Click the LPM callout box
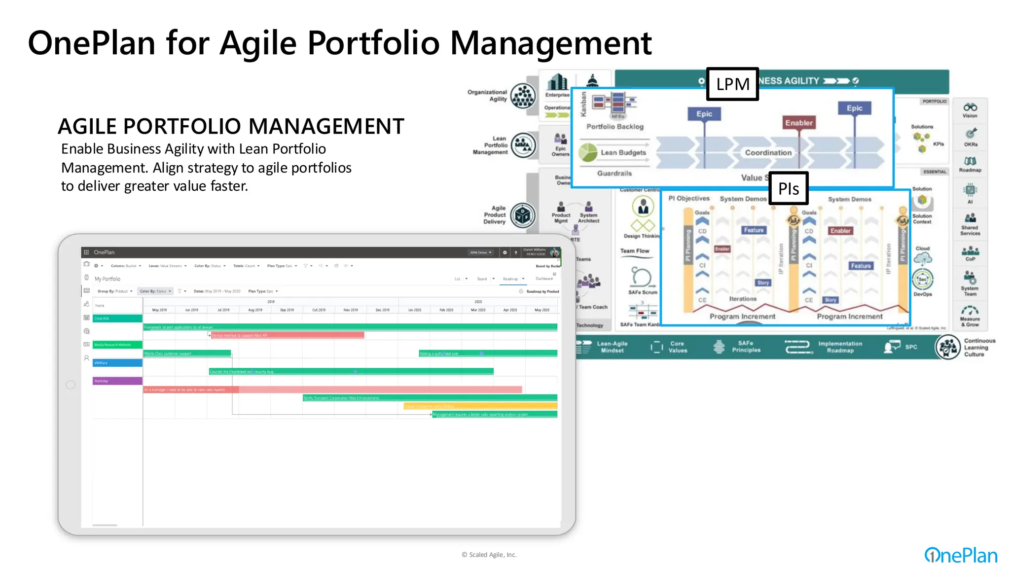click(x=732, y=84)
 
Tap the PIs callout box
click(x=789, y=188)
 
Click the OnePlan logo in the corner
click(x=961, y=555)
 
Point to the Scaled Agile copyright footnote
click(x=489, y=555)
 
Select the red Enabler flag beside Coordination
click(x=799, y=123)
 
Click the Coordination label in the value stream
click(x=768, y=153)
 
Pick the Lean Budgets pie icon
click(x=588, y=152)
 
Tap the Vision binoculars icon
click(x=970, y=107)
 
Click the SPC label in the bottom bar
click(x=911, y=347)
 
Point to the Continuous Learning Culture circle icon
click(x=947, y=347)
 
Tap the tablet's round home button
click(x=71, y=385)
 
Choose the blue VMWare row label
click(x=117, y=363)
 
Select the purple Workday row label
click(x=117, y=381)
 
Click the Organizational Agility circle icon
click(x=523, y=96)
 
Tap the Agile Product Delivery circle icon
click(x=523, y=215)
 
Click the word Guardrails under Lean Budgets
click(x=614, y=174)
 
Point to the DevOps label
click(x=922, y=294)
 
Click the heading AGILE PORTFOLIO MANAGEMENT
click(x=231, y=127)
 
